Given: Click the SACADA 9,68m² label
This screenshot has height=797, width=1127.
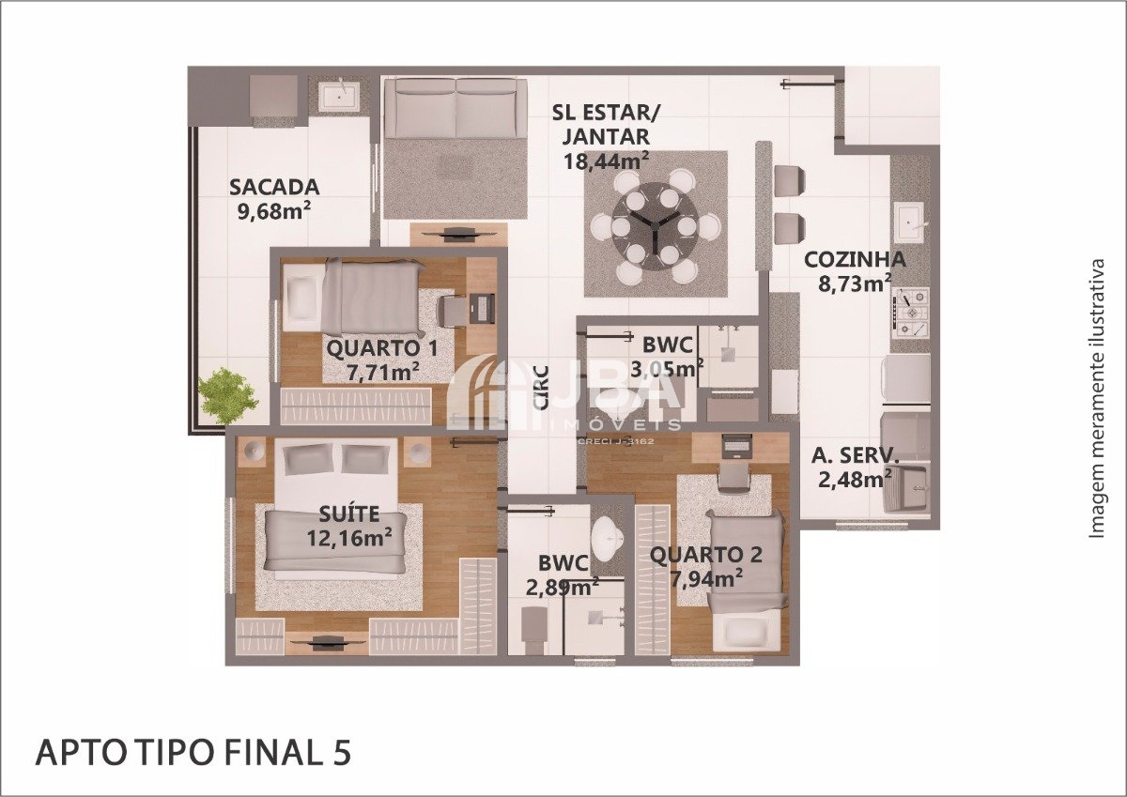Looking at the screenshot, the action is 273,199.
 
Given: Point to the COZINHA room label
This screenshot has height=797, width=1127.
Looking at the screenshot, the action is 855,260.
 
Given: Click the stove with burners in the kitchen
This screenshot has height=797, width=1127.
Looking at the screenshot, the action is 911,313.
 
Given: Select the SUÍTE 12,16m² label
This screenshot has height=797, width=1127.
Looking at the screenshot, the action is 349,526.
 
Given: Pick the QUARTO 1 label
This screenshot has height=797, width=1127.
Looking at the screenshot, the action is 382,348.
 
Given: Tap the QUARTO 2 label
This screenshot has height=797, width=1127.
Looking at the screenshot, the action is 706,555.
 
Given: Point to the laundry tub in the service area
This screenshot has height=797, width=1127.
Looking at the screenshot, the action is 905,488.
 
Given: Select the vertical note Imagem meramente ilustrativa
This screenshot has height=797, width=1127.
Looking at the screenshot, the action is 1097,399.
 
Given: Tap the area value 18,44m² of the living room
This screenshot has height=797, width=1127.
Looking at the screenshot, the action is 606,161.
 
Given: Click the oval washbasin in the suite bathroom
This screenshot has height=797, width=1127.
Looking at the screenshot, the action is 608,539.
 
